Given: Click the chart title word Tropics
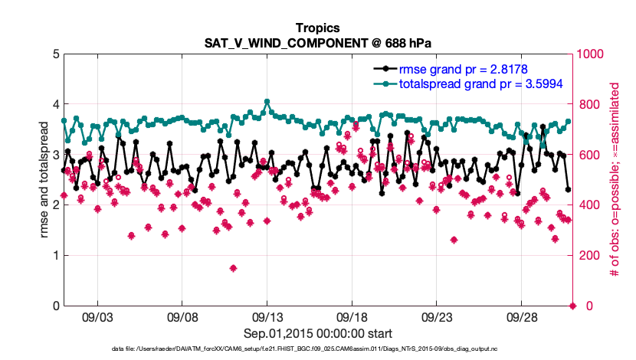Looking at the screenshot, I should point(317,28).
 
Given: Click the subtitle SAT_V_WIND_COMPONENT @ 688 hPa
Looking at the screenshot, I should point(317,42).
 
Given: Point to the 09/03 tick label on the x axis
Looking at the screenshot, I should point(97,316).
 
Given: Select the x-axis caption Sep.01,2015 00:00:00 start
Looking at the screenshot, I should point(317,333).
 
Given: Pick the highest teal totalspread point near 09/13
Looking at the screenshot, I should point(267,101).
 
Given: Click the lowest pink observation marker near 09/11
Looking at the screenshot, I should point(233,268).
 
